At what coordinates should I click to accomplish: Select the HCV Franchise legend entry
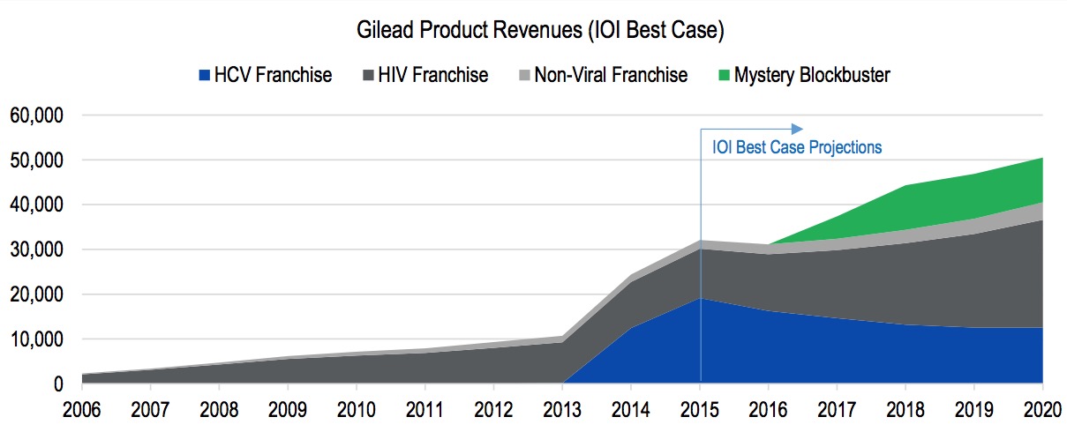tap(273, 75)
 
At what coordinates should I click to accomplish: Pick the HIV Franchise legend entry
tap(432, 75)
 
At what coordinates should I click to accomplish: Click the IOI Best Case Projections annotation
tap(797, 147)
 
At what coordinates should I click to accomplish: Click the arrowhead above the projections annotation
tap(798, 128)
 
